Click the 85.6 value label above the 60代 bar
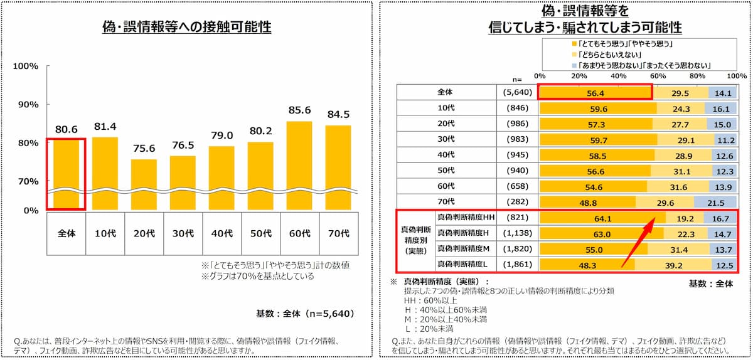pyautogui.click(x=299, y=110)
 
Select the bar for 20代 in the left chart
pyautogui.click(x=144, y=184)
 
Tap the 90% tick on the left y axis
pyautogui.click(x=28, y=105)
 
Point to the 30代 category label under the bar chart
pyautogui.click(x=183, y=233)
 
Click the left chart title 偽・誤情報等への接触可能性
pyautogui.click(x=187, y=26)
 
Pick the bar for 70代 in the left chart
pyautogui.click(x=338, y=167)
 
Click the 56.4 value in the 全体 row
pyautogui.click(x=595, y=93)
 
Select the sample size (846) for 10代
pyautogui.click(x=517, y=108)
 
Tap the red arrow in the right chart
pyautogui.click(x=638, y=242)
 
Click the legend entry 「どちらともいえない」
pyautogui.click(x=607, y=55)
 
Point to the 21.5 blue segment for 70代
pyautogui.click(x=715, y=203)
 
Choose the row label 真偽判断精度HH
pyautogui.click(x=466, y=218)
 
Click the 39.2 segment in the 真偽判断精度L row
pyautogui.click(x=673, y=265)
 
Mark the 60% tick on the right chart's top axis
pyautogui.click(x=658, y=76)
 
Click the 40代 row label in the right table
pyautogui.click(x=446, y=155)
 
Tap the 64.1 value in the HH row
pyautogui.click(x=603, y=218)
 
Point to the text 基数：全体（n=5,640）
pyautogui.click(x=305, y=314)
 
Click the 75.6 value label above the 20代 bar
pyautogui.click(x=144, y=148)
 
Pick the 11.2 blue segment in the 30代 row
pyautogui.click(x=725, y=140)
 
